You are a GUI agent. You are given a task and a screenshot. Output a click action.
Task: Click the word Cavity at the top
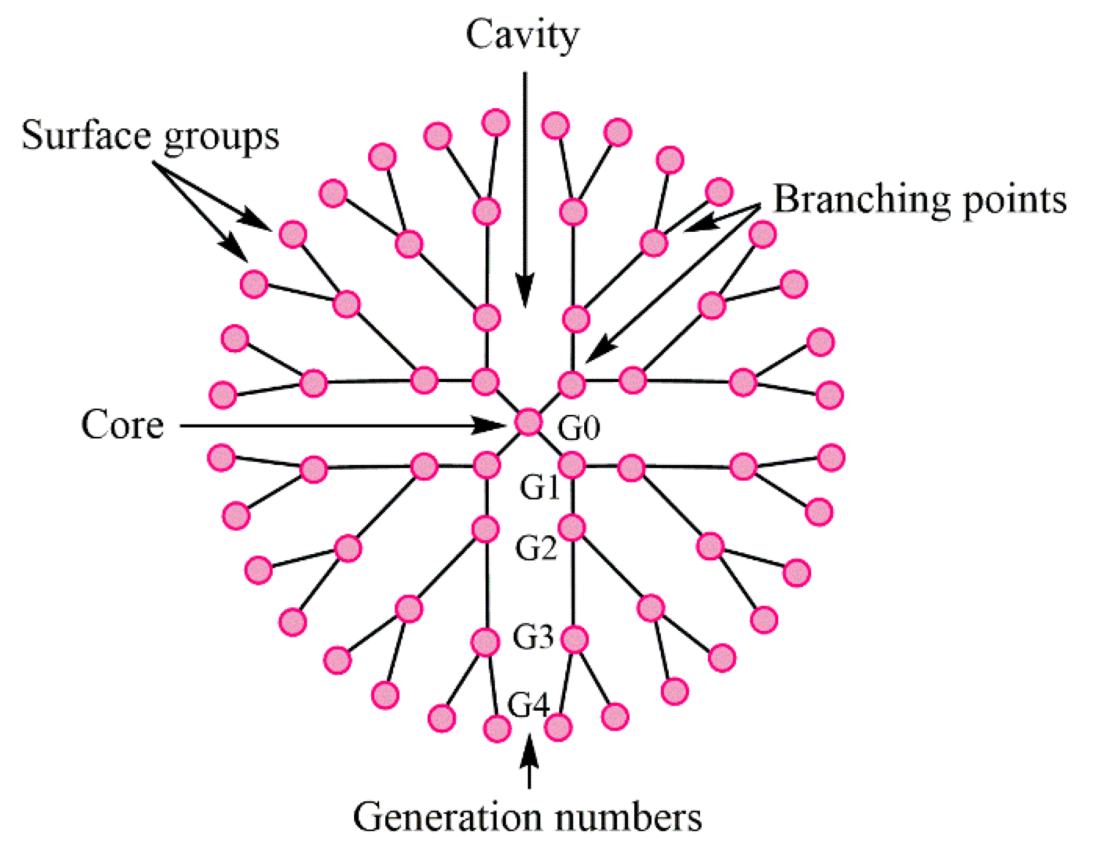click(522, 35)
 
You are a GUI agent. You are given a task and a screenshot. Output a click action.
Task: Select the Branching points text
click(920, 199)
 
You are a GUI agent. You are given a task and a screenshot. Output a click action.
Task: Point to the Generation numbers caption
click(527, 816)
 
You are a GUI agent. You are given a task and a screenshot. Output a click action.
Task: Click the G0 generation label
click(579, 428)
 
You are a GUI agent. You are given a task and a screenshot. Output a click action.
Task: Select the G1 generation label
click(539, 487)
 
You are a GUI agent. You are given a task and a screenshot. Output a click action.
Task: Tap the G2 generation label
click(536, 548)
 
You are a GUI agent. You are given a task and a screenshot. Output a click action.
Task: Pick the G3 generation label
click(533, 637)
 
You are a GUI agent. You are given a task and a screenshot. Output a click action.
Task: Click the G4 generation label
click(528, 705)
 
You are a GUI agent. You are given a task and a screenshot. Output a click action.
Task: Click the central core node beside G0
click(528, 422)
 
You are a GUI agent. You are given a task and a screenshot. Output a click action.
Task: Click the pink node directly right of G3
click(574, 639)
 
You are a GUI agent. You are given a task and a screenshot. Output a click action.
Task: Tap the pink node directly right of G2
click(572, 527)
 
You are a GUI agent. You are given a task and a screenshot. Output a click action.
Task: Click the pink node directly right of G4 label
click(558, 726)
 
